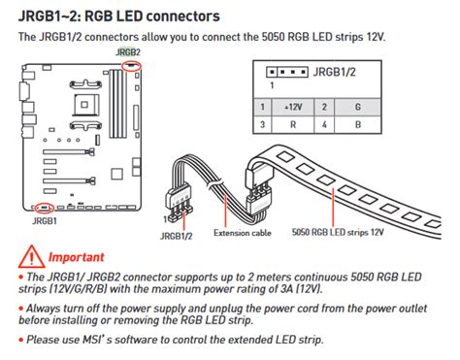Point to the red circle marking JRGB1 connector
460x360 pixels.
[43, 207]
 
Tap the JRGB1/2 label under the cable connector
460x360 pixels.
[176, 234]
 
